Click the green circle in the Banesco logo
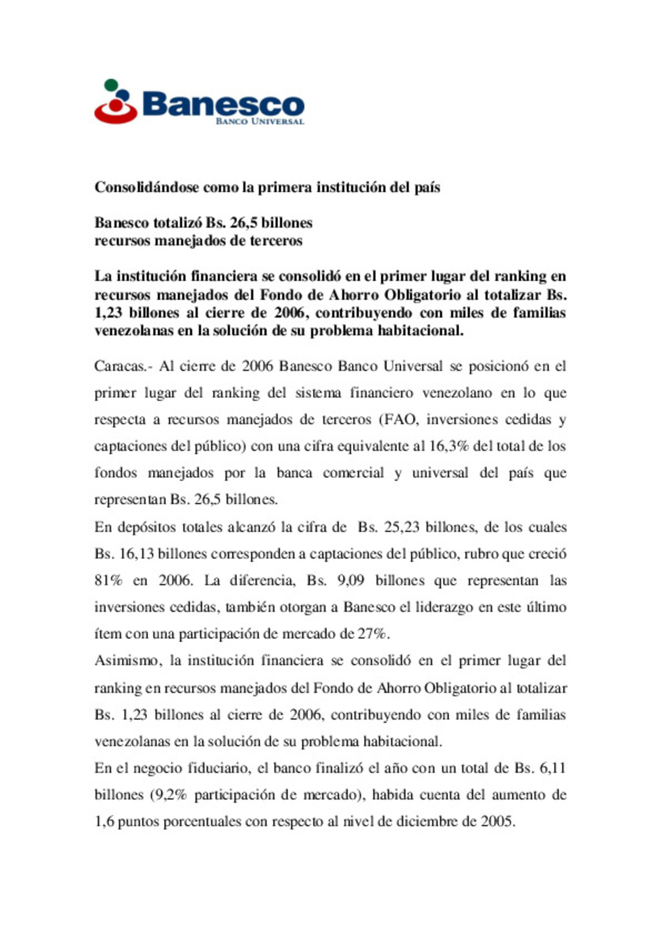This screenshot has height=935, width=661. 111,85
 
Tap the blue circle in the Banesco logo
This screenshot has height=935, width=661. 125,97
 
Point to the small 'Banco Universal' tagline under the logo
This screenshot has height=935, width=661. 260,121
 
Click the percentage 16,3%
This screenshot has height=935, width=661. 449,446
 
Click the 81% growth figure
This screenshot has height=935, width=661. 108,580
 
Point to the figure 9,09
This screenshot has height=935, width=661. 351,580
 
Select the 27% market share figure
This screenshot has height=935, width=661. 372,633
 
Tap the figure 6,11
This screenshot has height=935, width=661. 553,768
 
